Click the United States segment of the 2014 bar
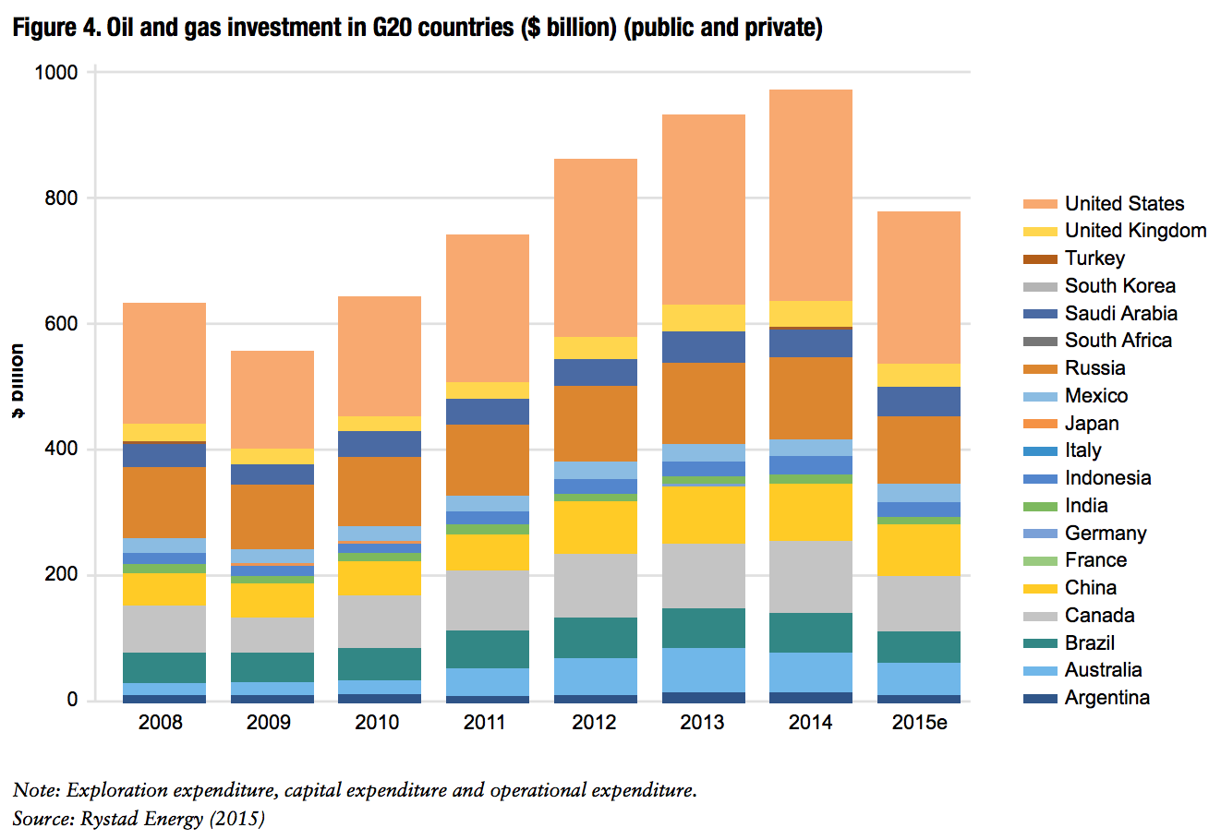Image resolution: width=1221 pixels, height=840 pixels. [810, 195]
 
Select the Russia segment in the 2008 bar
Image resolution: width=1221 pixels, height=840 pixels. [164, 502]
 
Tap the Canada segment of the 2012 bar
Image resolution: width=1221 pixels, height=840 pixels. [595, 585]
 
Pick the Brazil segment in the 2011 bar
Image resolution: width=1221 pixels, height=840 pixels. [487, 649]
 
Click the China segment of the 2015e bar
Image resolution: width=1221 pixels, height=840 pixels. [918, 549]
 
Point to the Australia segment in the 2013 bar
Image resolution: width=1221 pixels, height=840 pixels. [703, 669]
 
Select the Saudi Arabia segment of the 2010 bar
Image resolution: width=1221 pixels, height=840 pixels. [379, 444]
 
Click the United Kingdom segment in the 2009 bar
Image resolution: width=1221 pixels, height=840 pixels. [272, 456]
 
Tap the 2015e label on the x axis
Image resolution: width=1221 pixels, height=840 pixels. [919, 723]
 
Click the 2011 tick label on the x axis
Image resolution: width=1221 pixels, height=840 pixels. [485, 723]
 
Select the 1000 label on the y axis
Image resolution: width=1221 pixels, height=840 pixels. [56, 72]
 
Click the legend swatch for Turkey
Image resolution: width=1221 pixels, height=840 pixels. [1039, 258]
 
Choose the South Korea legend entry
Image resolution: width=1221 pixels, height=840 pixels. [1119, 286]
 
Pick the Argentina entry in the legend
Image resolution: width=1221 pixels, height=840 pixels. [1106, 698]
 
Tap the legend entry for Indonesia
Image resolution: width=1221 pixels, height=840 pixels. [1107, 478]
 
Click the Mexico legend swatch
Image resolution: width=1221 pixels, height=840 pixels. [1039, 396]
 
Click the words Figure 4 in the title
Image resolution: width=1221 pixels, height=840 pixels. [55, 28]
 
